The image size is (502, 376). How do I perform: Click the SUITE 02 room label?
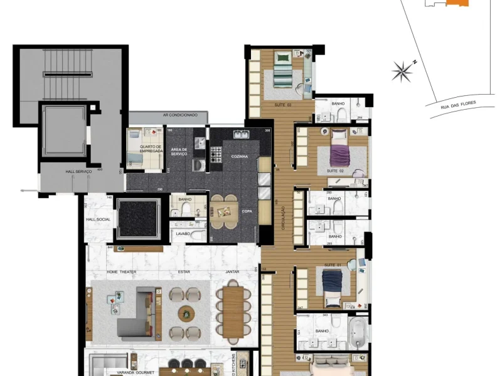[x=336, y=170]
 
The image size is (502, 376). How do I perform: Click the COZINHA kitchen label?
[x=239, y=156]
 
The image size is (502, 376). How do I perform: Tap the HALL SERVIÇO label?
[x=79, y=171]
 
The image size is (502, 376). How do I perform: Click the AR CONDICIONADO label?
[x=180, y=115]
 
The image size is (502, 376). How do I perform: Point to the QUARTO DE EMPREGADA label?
[x=151, y=149]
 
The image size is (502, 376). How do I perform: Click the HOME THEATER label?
[x=121, y=272]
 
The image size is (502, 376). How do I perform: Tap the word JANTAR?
[x=233, y=272]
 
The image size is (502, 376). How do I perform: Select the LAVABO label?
[x=183, y=234]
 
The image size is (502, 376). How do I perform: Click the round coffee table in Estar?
[x=186, y=313]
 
